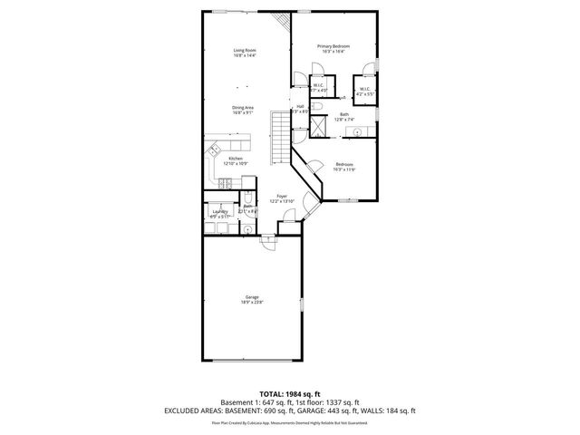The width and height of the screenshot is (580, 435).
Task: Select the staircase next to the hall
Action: [280, 140]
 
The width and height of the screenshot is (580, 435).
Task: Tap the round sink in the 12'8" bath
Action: [357, 132]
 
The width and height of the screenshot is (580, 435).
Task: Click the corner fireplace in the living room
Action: [281, 21]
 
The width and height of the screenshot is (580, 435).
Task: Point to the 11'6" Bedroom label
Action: [344, 165]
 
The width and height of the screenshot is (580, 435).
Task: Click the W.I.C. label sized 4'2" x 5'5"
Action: [364, 92]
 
